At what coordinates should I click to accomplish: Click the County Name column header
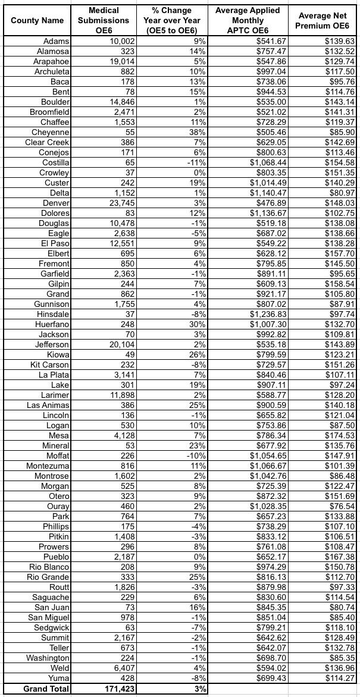[37, 20]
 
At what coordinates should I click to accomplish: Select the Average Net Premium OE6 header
[323, 20]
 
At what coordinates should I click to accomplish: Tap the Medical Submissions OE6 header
[103, 20]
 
